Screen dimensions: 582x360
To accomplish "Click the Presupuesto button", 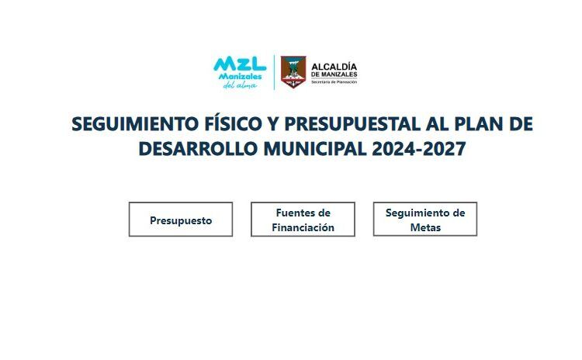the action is pyautogui.click(x=181, y=220).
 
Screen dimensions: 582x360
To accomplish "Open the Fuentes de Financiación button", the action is pyautogui.click(x=303, y=220).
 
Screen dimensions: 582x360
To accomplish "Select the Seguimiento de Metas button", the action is pyautogui.click(x=425, y=219).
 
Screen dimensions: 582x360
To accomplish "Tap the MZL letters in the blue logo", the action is pyautogui.click(x=240, y=64).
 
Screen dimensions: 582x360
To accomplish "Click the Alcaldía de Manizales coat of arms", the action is pyautogui.click(x=293, y=72).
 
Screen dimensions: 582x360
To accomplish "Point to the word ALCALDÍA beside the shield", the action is pyautogui.click(x=334, y=67).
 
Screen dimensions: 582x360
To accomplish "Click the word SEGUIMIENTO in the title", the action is pyautogui.click(x=135, y=123).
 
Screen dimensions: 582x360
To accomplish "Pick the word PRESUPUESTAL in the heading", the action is pyautogui.click(x=352, y=123).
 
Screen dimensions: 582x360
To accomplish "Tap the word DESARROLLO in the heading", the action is pyautogui.click(x=198, y=149).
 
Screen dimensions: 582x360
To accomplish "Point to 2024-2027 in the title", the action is pyautogui.click(x=419, y=149).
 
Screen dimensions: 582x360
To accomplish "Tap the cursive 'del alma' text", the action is pyautogui.click(x=240, y=85).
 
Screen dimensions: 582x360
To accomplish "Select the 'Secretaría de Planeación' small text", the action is pyautogui.click(x=334, y=82).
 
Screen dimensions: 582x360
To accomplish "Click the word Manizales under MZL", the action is pyautogui.click(x=240, y=77).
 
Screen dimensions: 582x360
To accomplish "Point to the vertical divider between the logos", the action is pyautogui.click(x=274, y=72).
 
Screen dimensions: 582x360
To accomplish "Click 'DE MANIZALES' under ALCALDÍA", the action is pyautogui.click(x=334, y=74).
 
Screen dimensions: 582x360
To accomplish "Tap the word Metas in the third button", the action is pyautogui.click(x=425, y=227).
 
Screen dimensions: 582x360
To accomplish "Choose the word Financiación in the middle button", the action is pyautogui.click(x=303, y=227).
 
